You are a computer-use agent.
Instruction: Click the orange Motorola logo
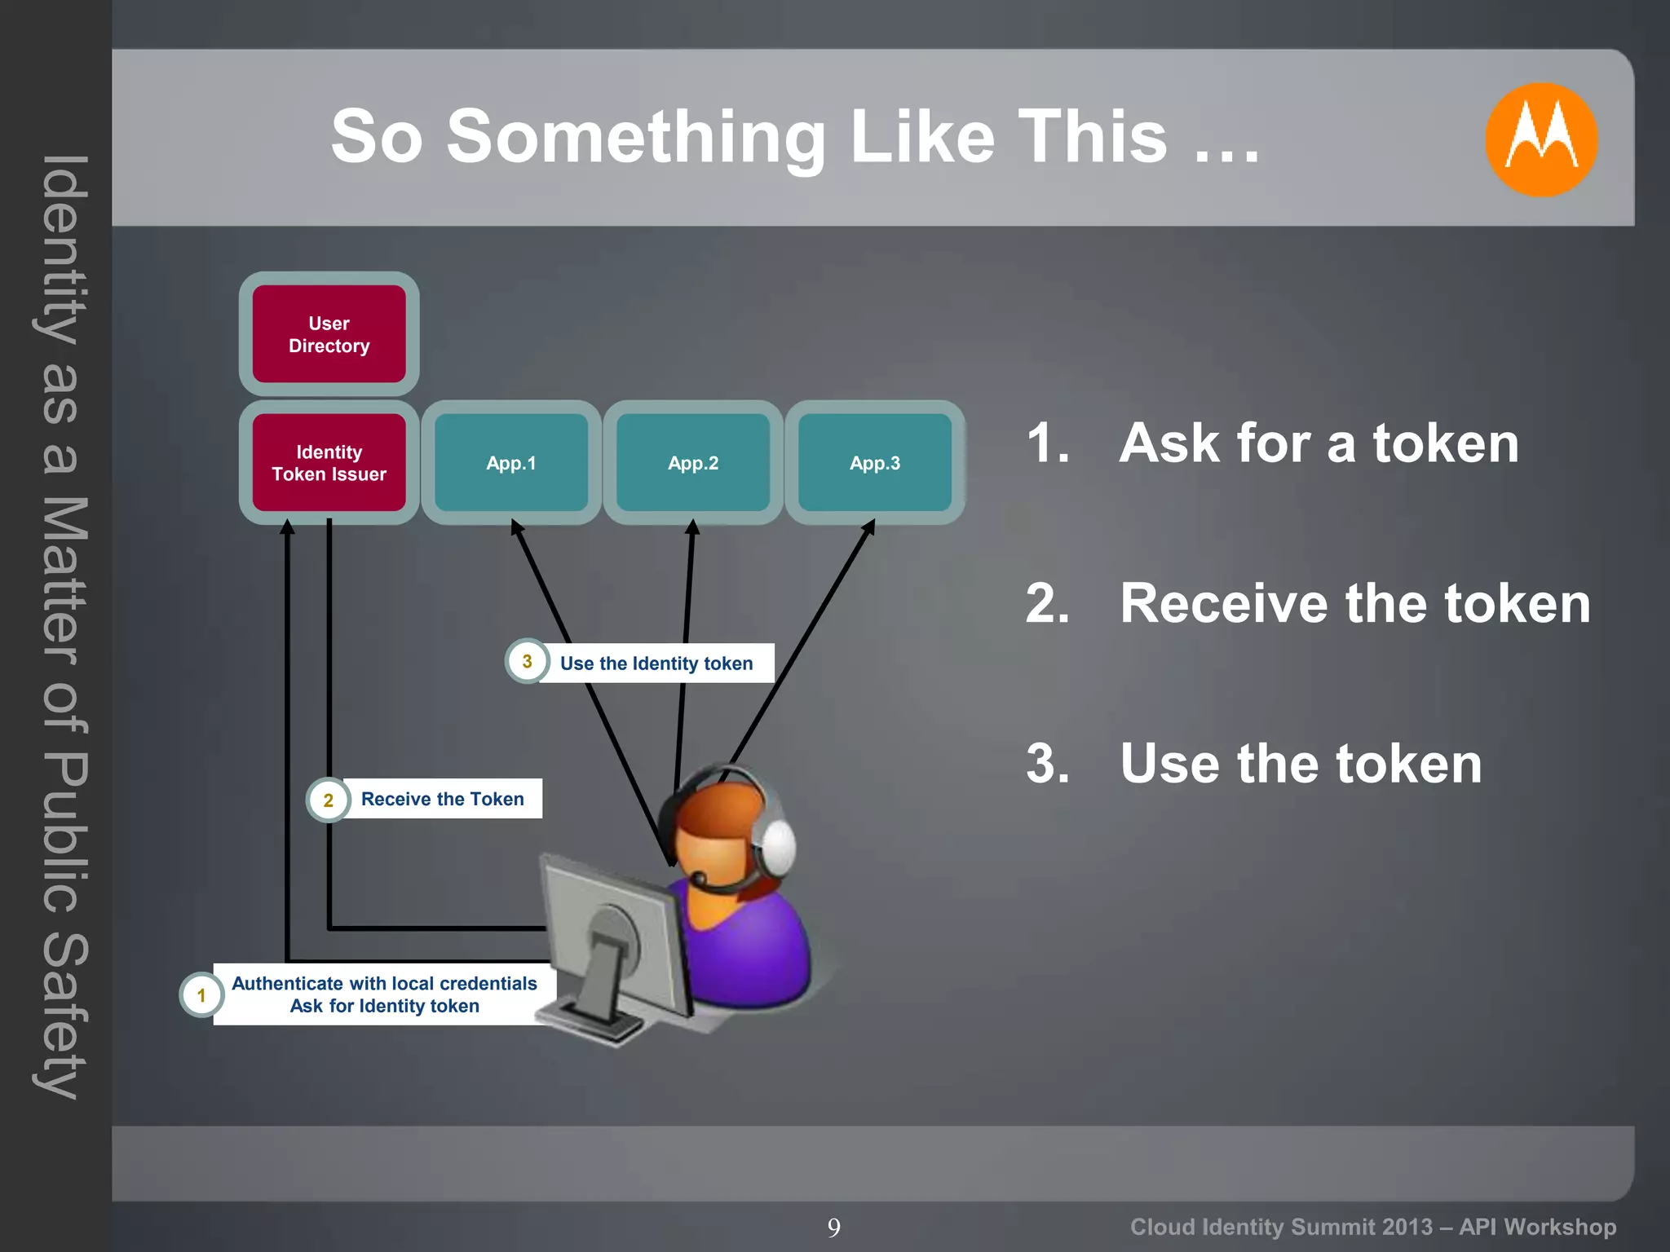click(x=1540, y=139)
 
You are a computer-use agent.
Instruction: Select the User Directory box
click(x=329, y=334)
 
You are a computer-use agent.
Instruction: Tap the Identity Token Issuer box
click(x=329, y=463)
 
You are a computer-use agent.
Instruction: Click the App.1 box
click(x=511, y=463)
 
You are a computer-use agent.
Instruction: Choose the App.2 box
click(x=693, y=463)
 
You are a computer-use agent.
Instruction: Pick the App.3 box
click(x=874, y=463)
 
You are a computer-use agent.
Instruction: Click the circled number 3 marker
click(x=527, y=661)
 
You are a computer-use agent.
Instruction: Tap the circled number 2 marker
click(x=328, y=800)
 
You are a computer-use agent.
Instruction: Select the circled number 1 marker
click(x=201, y=994)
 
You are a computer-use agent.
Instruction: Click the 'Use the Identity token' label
click(x=656, y=663)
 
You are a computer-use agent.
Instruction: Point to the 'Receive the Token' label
click(x=442, y=799)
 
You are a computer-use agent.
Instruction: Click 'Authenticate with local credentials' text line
click(x=384, y=983)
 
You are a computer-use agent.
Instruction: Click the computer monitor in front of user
click(x=612, y=937)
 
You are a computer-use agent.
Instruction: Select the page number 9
click(x=833, y=1227)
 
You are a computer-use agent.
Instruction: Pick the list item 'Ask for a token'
click(x=1319, y=443)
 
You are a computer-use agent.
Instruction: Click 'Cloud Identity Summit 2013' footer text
click(x=1281, y=1227)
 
